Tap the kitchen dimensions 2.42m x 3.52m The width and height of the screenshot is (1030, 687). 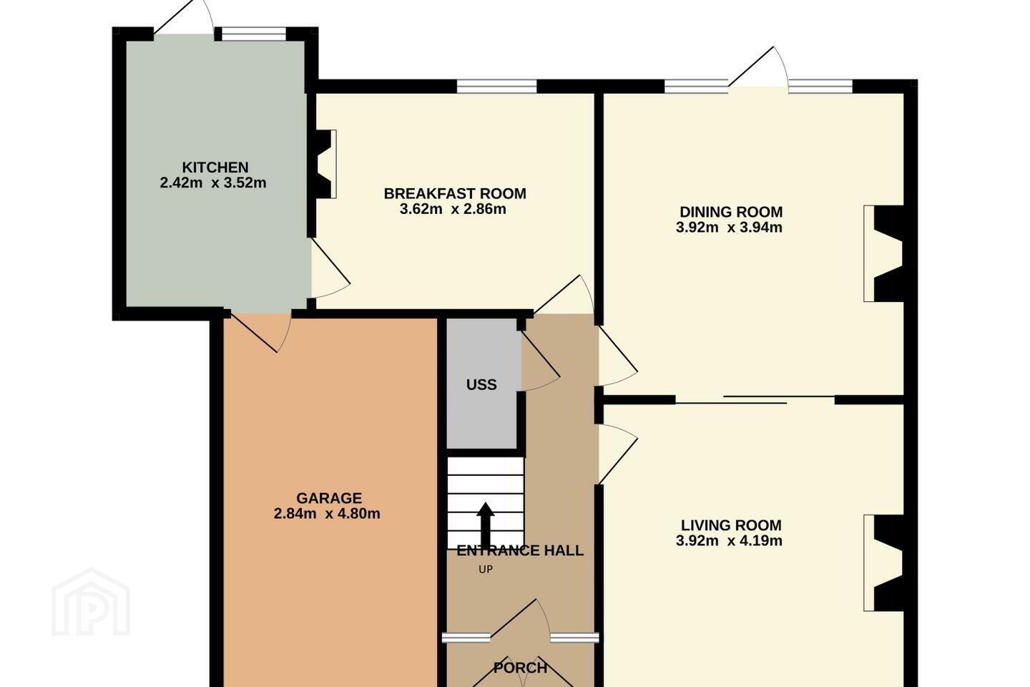click(x=213, y=183)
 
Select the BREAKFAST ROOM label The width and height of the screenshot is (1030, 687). click(x=455, y=194)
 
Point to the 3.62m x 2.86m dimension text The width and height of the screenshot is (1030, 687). click(x=453, y=210)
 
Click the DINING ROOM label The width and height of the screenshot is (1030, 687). click(x=731, y=212)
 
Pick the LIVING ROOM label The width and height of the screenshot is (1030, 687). click(x=731, y=525)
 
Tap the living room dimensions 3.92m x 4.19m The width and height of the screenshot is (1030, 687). click(x=730, y=541)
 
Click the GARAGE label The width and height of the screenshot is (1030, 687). click(x=329, y=498)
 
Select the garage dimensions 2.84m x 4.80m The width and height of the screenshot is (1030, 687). click(x=327, y=514)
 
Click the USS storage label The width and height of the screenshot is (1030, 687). click(x=481, y=385)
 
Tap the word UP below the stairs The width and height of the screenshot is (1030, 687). click(x=486, y=570)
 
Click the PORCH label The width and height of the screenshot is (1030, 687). click(x=520, y=668)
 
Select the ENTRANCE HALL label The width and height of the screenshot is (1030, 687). click(x=520, y=550)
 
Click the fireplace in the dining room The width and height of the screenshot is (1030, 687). click(x=884, y=253)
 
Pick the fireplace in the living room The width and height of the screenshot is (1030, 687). click(x=884, y=562)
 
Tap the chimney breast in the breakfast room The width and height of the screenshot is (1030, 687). click(x=324, y=165)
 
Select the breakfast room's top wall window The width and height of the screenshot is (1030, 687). click(x=496, y=86)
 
